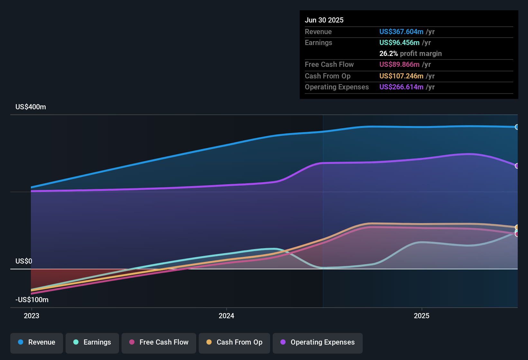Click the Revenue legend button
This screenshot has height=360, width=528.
37,342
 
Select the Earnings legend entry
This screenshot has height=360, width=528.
92,342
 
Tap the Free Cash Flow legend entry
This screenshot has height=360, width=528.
159,342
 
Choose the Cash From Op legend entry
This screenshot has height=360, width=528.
234,342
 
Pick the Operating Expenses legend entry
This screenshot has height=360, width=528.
318,342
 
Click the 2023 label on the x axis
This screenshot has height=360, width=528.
32,316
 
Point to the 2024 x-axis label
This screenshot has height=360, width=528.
226,316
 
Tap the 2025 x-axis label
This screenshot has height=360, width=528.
422,316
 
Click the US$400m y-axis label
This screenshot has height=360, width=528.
31,107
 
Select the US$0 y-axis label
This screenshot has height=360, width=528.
24,261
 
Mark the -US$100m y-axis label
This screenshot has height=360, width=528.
32,300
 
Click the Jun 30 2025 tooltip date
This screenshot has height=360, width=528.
324,20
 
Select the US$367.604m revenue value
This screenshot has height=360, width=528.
401,32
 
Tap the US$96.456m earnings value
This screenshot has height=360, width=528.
399,43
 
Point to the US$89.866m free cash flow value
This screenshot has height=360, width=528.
399,65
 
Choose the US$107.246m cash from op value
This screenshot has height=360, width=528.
401,76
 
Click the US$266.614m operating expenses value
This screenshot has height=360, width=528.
401,87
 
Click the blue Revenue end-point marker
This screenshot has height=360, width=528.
517,127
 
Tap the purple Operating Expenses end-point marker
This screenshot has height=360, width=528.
517,166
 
